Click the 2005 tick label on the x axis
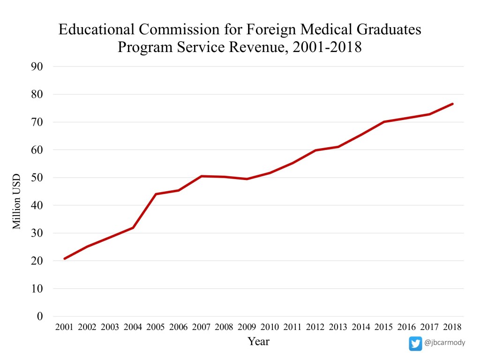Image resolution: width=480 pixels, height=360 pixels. (156, 326)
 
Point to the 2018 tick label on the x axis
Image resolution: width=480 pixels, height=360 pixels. (453, 326)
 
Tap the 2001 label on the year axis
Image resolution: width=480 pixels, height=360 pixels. (64, 326)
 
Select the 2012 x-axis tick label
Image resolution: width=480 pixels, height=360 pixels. (315, 326)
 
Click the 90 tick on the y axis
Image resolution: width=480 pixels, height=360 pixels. (37, 67)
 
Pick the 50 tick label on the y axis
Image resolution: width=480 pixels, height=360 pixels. (37, 178)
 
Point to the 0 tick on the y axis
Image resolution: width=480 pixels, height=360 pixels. (40, 316)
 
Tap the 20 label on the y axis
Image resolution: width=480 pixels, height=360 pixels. (37, 261)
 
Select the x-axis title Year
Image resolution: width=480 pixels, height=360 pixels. (258, 341)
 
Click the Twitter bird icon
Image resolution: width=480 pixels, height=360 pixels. (415, 344)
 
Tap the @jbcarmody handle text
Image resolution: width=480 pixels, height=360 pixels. (444, 343)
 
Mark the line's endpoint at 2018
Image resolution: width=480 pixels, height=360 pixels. (452, 104)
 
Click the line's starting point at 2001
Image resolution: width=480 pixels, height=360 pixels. (64, 258)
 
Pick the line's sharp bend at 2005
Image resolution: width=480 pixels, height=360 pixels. (156, 194)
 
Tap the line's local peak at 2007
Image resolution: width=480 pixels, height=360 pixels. (201, 176)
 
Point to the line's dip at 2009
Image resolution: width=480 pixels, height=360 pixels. (247, 179)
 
